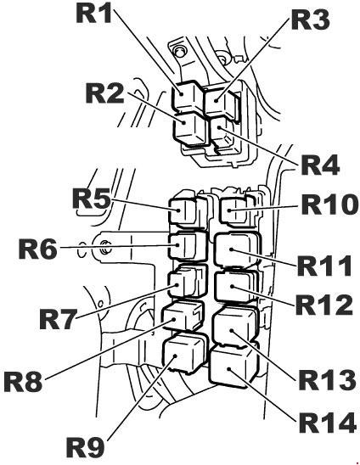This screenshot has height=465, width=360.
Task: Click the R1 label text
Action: click(x=94, y=13)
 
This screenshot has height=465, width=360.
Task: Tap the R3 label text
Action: click(x=311, y=19)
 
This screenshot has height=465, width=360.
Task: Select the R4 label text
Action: click(x=320, y=165)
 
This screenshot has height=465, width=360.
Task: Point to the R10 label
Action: click(x=329, y=204)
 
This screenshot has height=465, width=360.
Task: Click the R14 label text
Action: click(x=328, y=423)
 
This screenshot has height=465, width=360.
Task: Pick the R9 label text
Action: click(x=85, y=447)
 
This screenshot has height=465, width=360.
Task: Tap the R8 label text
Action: click(x=23, y=382)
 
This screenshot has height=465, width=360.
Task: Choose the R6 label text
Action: click(x=37, y=249)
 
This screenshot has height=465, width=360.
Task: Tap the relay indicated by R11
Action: click(x=238, y=251)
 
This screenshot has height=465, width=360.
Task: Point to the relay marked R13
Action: click(x=234, y=327)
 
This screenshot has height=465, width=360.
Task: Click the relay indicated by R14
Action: click(x=233, y=366)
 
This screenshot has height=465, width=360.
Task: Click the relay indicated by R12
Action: click(x=236, y=287)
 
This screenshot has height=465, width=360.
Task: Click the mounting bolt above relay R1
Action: click(x=179, y=51)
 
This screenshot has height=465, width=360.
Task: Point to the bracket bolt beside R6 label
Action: click(x=105, y=247)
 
